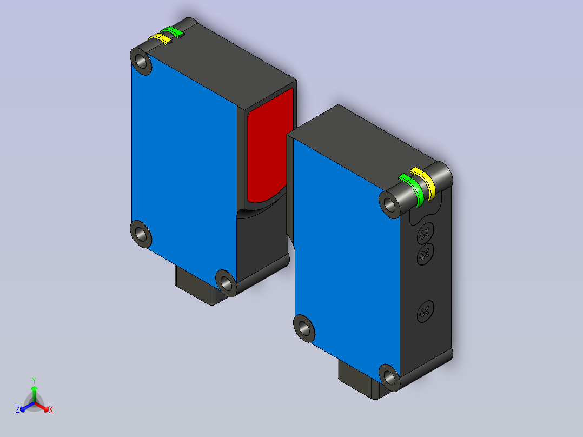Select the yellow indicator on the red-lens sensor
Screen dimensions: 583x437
[161, 38]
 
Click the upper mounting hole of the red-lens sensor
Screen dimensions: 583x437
[141, 60]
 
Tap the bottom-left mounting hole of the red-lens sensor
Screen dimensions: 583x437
[141, 234]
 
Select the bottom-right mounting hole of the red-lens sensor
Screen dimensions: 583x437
[226, 283]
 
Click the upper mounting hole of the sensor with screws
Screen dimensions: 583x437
[389, 204]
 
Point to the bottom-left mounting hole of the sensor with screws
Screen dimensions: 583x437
[304, 328]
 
